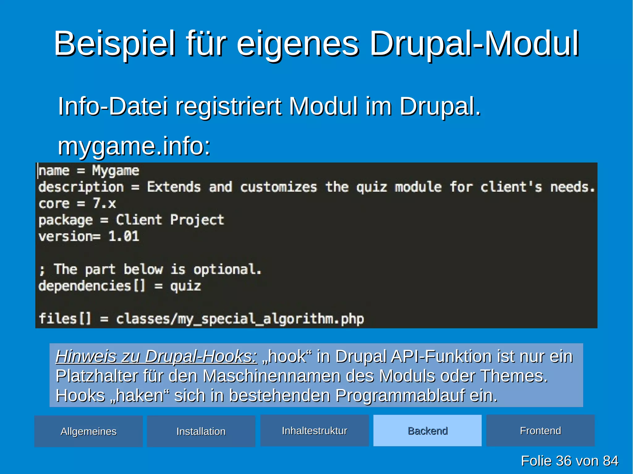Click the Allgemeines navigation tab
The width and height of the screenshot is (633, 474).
pos(88,431)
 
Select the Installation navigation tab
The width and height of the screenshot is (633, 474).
pos(201,431)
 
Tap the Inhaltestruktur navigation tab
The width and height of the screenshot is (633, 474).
pos(314,430)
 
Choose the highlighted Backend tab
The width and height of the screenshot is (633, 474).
pos(427,430)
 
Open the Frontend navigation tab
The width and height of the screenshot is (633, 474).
pos(540,430)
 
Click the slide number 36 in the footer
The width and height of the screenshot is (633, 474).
pos(564,461)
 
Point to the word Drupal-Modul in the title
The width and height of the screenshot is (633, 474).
pos(474,44)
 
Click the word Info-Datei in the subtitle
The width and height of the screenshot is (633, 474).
pos(113,106)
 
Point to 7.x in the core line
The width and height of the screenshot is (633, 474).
pos(104,203)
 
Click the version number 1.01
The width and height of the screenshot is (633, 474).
pos(124,237)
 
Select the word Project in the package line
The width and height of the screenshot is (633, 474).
pos(197,220)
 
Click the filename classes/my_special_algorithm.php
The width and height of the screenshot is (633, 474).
pos(240,319)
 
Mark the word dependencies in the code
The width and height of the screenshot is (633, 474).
pos(85,286)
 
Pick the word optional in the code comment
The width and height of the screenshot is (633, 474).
pos(227,270)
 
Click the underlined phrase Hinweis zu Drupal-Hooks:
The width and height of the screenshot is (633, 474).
pos(156,356)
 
